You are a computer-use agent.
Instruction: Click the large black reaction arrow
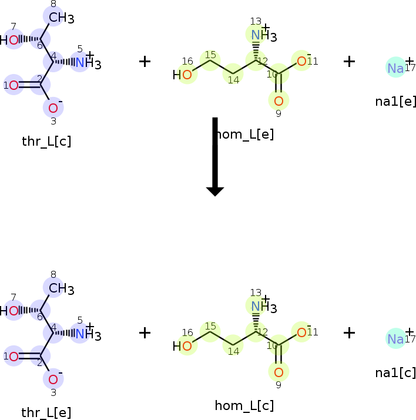215,156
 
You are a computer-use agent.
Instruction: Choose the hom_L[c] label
244,405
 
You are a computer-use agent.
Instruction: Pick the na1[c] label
395,372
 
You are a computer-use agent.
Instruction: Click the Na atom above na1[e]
395,68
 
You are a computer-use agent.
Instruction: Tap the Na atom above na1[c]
395,339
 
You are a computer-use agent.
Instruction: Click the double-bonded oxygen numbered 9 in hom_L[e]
279,101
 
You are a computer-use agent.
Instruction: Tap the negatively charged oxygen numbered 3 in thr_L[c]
53,108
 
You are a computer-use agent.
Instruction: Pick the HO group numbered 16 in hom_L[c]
183,346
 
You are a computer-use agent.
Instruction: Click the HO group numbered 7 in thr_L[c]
10,40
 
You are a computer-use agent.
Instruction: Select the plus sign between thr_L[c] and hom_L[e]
145,61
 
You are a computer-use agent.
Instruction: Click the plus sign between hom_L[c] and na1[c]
349,332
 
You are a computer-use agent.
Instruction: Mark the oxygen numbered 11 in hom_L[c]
301,332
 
